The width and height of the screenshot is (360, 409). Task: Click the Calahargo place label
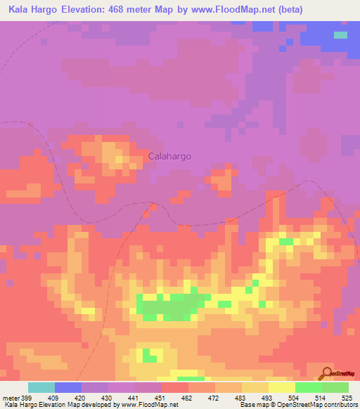(x=169, y=157)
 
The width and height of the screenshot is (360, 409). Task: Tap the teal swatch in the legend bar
(x=41, y=387)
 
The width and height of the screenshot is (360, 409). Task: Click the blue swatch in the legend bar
(x=68, y=387)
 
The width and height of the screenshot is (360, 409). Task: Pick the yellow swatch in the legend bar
(x=281, y=387)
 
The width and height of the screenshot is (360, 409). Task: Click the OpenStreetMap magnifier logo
(x=325, y=374)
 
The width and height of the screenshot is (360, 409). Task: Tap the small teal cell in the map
(x=340, y=34)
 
